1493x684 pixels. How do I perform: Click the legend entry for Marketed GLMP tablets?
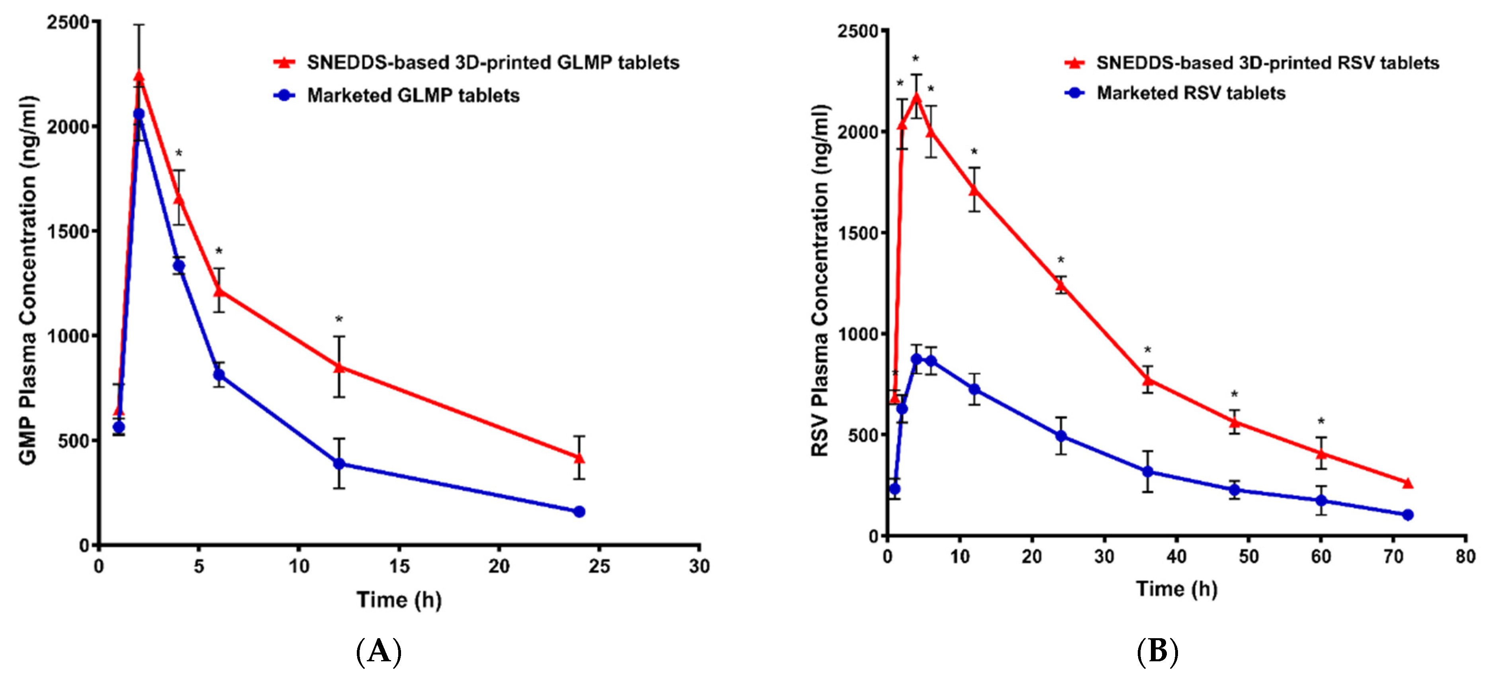[413, 96]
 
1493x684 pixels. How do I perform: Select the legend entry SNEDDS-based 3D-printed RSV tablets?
[1267, 63]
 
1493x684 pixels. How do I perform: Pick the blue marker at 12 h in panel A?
[339, 464]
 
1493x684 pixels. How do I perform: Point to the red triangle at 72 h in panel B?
[1408, 483]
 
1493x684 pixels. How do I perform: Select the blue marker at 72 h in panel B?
[1408, 515]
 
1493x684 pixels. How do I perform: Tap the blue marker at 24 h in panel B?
[1061, 436]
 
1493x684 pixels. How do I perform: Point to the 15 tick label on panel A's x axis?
[399, 566]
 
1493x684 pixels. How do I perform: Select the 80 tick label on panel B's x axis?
[1465, 557]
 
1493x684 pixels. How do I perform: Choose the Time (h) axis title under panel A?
[399, 600]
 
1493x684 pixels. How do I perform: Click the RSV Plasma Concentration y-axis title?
[820, 281]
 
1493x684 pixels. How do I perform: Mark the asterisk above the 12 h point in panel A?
[339, 319]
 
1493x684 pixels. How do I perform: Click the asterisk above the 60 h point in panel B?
[1321, 421]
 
